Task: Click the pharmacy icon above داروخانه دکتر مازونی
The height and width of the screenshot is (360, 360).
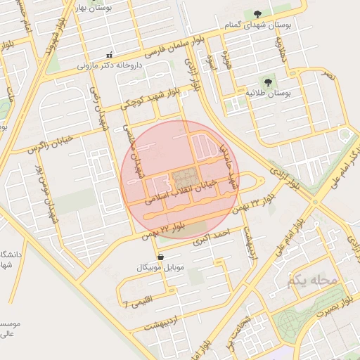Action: coord(108,55)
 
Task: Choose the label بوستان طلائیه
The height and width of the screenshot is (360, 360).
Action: coord(269,93)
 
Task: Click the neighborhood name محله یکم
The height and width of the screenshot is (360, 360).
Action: coord(312,281)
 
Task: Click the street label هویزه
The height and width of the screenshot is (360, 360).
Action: coord(227,58)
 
